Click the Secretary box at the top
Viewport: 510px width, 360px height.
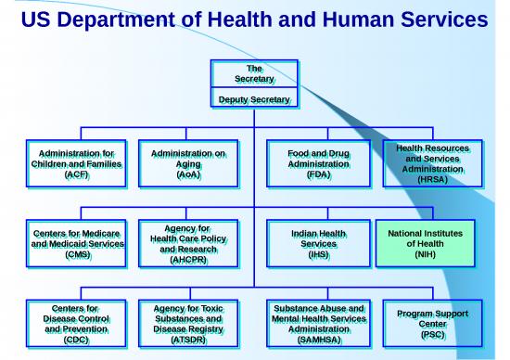click(254, 74)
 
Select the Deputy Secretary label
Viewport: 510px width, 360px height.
click(254, 99)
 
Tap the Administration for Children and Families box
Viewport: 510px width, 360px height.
click(74, 162)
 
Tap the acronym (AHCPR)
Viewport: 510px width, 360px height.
click(188, 261)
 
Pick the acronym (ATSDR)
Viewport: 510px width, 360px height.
click(188, 341)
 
